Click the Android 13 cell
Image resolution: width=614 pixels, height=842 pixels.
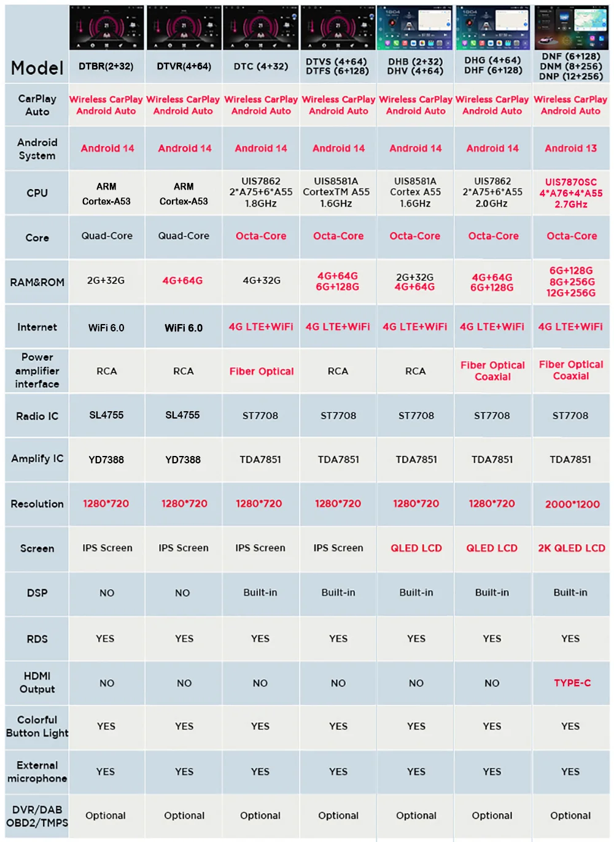point(570,149)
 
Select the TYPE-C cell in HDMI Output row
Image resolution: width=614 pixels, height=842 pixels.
point(572,683)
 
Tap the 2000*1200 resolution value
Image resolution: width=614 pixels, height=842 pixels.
point(572,504)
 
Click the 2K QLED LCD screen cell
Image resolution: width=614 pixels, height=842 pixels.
point(571,548)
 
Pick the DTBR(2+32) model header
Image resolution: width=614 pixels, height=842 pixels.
point(106,66)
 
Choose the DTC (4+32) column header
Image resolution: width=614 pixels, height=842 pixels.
point(260,66)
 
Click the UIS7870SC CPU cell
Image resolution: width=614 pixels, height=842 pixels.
point(570,193)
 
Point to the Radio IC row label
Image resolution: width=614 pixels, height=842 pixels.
point(37,416)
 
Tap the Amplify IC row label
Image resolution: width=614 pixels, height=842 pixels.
point(37,459)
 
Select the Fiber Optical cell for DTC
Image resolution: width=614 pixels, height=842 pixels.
point(261,371)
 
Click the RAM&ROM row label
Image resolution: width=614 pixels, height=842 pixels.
point(37,282)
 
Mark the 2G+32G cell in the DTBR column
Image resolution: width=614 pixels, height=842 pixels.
point(106,280)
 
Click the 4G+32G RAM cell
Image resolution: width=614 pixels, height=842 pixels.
point(261,280)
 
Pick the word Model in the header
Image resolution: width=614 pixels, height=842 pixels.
point(37,68)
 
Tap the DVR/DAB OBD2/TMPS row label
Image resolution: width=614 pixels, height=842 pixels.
point(37,816)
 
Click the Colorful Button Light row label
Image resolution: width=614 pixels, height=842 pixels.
point(37,727)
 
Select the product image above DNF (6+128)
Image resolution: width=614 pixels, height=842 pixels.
point(570,28)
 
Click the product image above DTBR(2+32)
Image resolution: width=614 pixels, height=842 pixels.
point(106,28)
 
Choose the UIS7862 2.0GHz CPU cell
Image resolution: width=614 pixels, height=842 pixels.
point(492,193)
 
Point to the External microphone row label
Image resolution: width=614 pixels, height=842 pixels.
point(37,772)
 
